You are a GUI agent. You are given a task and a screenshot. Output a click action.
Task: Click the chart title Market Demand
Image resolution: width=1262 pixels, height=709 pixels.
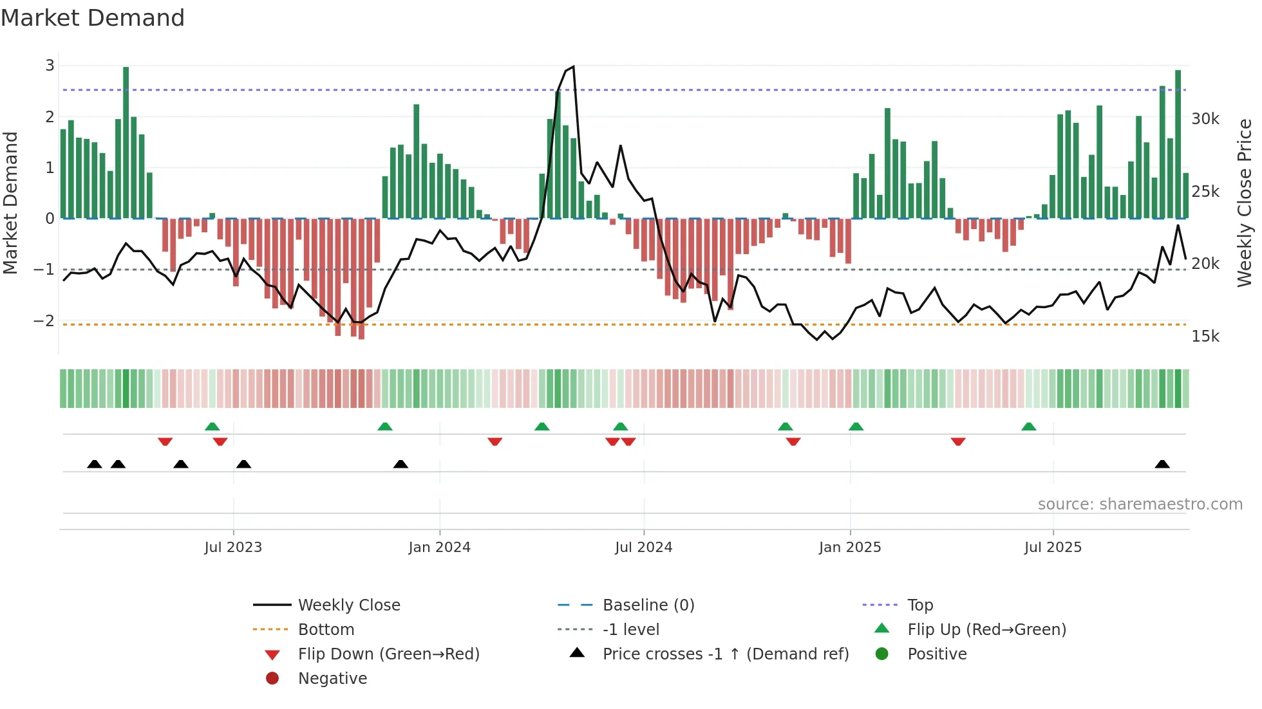tap(93, 18)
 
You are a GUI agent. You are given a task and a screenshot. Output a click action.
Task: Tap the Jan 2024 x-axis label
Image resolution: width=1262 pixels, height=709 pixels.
tap(439, 548)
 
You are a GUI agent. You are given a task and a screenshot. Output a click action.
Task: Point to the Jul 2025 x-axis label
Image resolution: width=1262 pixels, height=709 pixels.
tap(1053, 548)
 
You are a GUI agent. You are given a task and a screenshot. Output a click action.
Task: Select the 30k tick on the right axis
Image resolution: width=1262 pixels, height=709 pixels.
tap(1205, 119)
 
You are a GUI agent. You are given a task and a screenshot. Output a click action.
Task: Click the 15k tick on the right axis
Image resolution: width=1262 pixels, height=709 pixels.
tap(1205, 336)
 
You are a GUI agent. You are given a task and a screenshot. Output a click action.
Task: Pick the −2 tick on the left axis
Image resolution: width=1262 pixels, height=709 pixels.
tap(44, 320)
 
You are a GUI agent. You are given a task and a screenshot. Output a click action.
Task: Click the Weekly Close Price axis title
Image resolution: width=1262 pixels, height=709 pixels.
tap(1245, 203)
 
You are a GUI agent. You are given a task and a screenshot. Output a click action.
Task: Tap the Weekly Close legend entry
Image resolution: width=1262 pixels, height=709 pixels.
tap(348, 605)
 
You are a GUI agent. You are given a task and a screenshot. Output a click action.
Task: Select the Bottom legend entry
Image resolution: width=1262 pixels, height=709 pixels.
tap(326, 630)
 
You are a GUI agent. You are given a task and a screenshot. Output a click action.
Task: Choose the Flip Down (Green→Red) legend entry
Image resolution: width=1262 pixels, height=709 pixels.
tap(388, 654)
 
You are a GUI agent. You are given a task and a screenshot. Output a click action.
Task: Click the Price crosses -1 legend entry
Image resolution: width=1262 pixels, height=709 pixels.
tap(725, 654)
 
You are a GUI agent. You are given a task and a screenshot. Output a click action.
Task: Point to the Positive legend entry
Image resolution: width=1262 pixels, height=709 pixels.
tap(936, 654)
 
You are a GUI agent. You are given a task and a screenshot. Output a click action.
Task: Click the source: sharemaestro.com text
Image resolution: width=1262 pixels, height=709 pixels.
tap(1140, 504)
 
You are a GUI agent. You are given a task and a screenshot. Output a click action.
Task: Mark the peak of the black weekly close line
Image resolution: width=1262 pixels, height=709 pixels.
tap(573, 67)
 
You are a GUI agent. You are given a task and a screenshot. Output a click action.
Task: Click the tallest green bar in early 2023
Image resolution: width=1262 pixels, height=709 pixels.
tap(126, 142)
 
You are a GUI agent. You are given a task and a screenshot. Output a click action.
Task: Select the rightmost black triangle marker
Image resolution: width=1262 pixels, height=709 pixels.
tap(1162, 464)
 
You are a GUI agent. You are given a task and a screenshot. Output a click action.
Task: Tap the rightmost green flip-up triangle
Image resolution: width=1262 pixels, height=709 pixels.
tap(1029, 427)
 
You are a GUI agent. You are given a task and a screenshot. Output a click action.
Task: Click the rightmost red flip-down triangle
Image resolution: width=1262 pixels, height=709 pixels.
tap(958, 441)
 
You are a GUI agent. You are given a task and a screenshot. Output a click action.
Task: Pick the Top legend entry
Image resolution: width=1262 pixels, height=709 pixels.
tap(919, 605)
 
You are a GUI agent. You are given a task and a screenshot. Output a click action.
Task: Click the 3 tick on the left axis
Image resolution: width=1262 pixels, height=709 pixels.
tap(50, 66)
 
